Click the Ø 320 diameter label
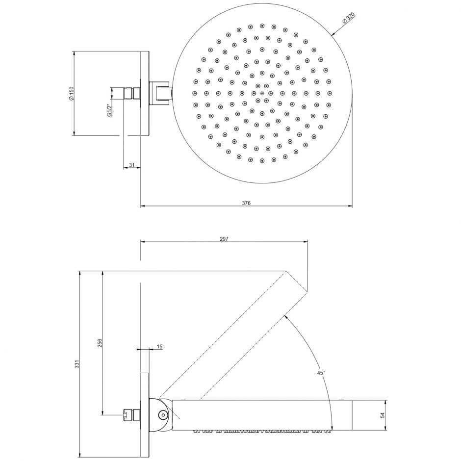(348, 18)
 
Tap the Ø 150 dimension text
(72, 93)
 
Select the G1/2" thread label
(110, 110)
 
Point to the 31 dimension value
(132, 165)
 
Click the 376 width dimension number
(246, 203)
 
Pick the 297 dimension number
(224, 239)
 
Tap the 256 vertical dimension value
(100, 343)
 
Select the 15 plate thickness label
(159, 347)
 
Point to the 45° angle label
(321, 373)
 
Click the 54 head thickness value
(382, 415)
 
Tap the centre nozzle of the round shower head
(262, 94)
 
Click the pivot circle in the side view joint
(162, 415)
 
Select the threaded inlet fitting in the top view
(132, 93)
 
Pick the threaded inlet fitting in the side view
(132, 415)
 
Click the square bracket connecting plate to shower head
(161, 93)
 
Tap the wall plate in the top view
(145, 94)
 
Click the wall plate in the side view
(145, 415)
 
